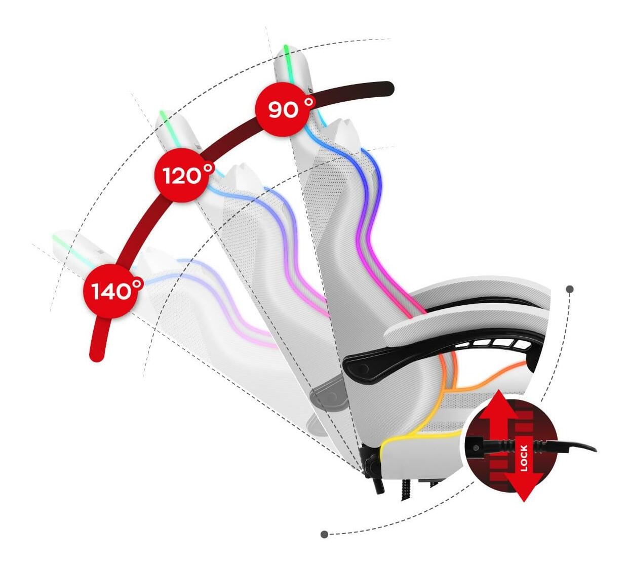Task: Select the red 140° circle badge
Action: pos(110,291)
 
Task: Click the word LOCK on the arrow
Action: pos(524,458)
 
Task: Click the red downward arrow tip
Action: pos(524,496)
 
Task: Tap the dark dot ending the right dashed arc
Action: pos(570,289)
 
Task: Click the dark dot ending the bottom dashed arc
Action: pos(324,534)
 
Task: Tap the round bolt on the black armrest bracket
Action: pos(363,370)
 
